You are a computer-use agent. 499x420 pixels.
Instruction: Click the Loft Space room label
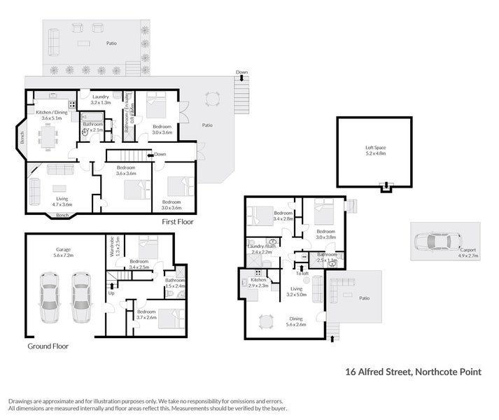(x=375, y=150)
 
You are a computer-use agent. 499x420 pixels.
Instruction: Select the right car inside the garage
(x=81, y=297)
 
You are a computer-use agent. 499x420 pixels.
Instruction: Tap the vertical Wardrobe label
(x=118, y=247)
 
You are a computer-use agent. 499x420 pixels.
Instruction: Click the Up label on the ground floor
(x=111, y=293)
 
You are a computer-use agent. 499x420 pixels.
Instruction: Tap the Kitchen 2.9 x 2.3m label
(x=258, y=284)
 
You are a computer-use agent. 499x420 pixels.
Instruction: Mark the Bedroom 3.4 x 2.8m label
(x=283, y=216)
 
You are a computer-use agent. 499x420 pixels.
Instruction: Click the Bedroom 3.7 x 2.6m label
(x=146, y=314)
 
